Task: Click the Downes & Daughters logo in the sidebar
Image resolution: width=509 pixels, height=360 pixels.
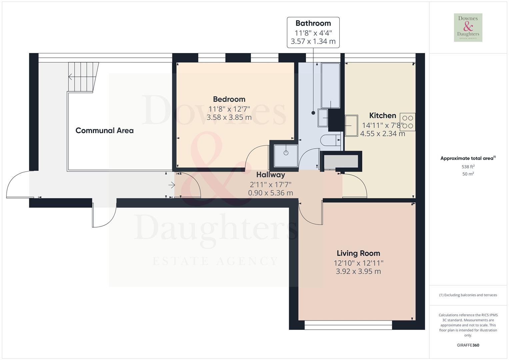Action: click(468, 28)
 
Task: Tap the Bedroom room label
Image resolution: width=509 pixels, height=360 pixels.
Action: click(229, 99)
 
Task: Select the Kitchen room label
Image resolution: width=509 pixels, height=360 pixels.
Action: click(382, 116)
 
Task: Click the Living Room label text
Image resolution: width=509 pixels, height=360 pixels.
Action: click(358, 253)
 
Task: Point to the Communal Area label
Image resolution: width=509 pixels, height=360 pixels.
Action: click(104, 131)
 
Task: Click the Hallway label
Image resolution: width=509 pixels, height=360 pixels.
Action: click(270, 175)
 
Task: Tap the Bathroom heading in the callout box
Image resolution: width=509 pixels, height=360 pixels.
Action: click(313, 23)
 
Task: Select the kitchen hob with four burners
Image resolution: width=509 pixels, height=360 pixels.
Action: click(407, 122)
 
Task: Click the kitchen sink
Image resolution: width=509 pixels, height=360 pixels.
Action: click(351, 126)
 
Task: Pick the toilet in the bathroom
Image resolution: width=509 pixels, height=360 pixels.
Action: click(330, 140)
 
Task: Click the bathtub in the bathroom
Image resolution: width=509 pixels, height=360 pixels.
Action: click(330, 85)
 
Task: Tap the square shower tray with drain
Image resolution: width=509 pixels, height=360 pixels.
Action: click(286, 155)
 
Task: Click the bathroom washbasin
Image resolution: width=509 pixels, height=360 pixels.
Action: click(323, 118)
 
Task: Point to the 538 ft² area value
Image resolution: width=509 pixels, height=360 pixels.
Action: click(468, 167)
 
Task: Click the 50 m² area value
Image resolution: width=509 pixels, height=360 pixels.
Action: click(468, 174)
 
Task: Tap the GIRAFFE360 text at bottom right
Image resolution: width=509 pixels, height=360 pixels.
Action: click(468, 345)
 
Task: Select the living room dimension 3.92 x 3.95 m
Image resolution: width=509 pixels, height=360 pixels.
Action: click(358, 271)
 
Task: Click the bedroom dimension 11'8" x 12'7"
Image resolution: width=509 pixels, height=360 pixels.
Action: click(229, 109)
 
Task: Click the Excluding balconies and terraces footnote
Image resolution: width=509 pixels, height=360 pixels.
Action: click(468, 295)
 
